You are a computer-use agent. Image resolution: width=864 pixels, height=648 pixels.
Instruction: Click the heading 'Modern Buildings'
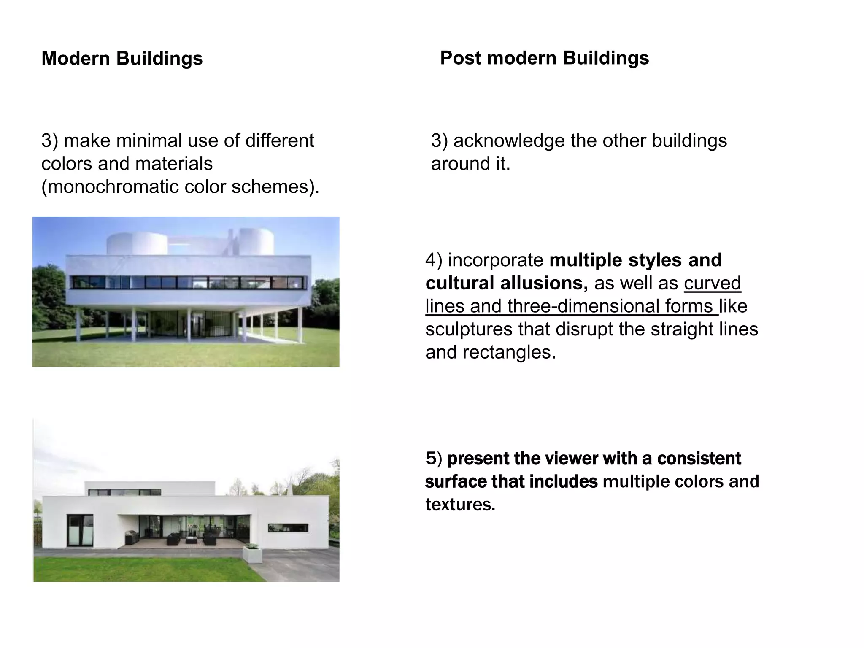click(122, 58)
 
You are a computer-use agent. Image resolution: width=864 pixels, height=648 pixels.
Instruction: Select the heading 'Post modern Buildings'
click(544, 58)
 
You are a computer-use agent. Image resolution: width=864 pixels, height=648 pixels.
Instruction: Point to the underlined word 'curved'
click(712, 283)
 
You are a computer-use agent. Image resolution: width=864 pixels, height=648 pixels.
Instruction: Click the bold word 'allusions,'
click(544, 283)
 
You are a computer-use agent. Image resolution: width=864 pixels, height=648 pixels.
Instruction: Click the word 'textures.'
click(460, 505)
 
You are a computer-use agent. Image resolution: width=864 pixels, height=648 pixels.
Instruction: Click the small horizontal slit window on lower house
click(288, 528)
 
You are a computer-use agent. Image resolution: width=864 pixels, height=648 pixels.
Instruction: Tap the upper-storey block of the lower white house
click(150, 488)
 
